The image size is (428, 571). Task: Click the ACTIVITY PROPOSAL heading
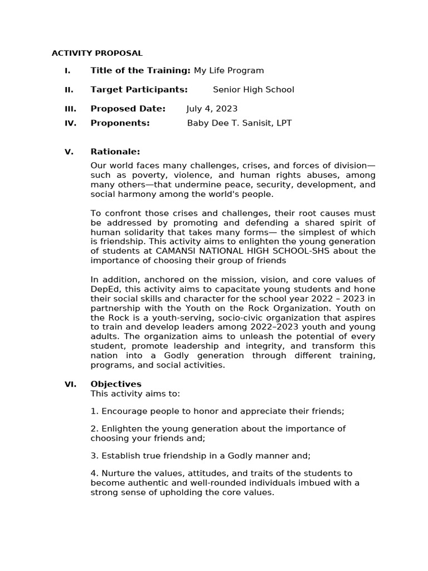[97, 54]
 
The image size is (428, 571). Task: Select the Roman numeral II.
[69, 90]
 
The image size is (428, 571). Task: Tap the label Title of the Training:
[140, 70]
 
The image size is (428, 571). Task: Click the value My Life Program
[228, 70]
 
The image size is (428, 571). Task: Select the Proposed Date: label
[128, 109]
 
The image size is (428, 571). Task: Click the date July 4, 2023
[212, 109]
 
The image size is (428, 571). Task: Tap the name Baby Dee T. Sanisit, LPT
[239, 123]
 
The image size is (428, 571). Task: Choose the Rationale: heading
[115, 152]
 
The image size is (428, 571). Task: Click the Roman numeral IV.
[70, 123]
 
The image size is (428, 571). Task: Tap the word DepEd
[103, 289]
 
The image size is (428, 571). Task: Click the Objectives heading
[116, 384]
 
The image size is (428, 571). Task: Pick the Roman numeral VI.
[70, 384]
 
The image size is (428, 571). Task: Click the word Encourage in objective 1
[121, 412]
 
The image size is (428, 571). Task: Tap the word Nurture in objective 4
[116, 473]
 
